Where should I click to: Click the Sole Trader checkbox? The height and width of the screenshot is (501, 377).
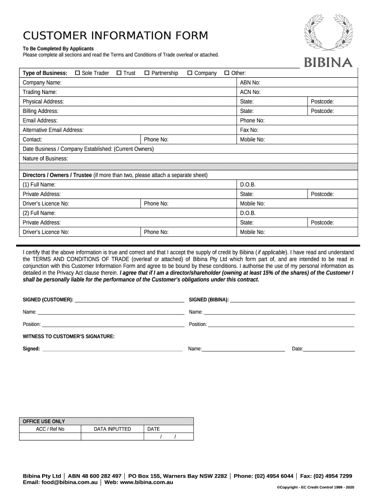[x=77, y=73]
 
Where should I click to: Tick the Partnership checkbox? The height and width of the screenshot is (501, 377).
[x=147, y=73]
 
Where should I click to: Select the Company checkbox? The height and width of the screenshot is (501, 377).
[x=190, y=73]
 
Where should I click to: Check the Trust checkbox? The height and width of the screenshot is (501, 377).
[x=119, y=73]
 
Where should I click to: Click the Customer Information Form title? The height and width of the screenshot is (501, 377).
[x=116, y=36]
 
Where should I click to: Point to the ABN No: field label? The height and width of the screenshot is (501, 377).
[x=250, y=83]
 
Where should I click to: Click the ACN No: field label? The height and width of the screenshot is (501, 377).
[x=250, y=92]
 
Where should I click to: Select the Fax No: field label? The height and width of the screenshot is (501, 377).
[x=249, y=130]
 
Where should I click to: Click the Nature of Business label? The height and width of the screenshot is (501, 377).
[x=46, y=159]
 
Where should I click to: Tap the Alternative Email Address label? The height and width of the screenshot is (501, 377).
[x=53, y=130]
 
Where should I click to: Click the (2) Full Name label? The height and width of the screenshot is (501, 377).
[x=39, y=213]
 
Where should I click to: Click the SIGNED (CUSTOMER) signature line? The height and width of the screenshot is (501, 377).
[x=129, y=299]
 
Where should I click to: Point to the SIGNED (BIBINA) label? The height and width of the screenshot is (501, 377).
[x=209, y=299]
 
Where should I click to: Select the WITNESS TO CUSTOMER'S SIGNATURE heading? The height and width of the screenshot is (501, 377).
[x=69, y=336]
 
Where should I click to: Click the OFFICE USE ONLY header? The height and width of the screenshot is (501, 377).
[x=44, y=421]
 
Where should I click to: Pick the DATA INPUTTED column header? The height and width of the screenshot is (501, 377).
[x=112, y=429]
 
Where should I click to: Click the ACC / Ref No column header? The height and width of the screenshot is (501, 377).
[x=50, y=429]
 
